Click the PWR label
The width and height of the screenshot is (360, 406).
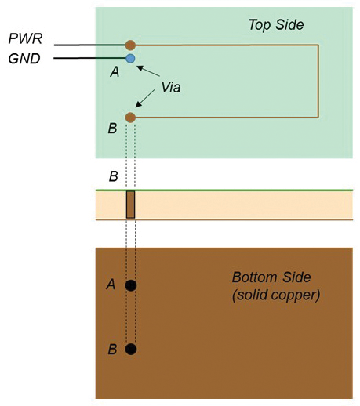tap(25, 38)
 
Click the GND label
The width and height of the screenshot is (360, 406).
tap(24, 59)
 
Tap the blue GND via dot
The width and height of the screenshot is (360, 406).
tap(130, 59)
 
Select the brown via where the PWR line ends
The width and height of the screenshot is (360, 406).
tap(130, 45)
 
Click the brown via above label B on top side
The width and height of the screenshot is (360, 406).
tap(130, 118)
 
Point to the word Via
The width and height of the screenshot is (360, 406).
tap(171, 87)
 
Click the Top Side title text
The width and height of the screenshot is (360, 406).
tap(276, 25)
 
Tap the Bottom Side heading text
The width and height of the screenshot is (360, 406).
tap(271, 277)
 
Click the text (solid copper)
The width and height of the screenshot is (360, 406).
tap(276, 295)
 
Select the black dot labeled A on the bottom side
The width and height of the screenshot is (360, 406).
tap(131, 285)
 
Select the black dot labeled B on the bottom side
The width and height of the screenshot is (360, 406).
tap(131, 349)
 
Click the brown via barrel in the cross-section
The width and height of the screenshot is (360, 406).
tap(130, 205)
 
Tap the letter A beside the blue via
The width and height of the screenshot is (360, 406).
tap(115, 71)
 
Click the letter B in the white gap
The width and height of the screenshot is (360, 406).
tap(113, 176)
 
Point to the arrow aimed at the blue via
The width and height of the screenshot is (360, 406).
tap(148, 71)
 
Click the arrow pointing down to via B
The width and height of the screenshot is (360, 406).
tap(145, 99)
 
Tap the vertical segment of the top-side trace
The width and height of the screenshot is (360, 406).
tap(318, 82)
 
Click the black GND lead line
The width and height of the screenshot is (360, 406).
tap(89, 58)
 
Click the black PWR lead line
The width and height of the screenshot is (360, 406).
tap(89, 45)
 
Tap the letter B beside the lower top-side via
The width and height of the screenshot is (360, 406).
tap(113, 129)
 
